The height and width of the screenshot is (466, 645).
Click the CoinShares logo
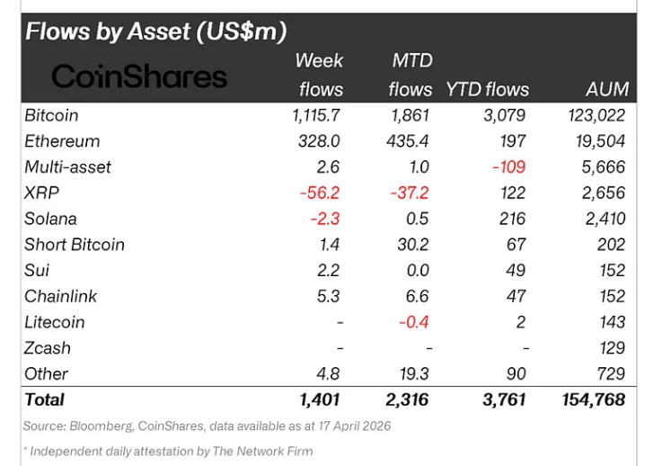pos(139,76)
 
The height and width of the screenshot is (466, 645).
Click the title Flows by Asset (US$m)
pos(155,31)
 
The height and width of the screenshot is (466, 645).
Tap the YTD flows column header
pos(488,89)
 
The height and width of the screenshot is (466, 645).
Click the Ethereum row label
pos(62,141)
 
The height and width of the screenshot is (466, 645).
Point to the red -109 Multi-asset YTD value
pos(509,167)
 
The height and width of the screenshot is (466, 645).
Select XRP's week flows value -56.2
pos(322,193)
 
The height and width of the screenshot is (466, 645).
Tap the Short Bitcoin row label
pos(75,245)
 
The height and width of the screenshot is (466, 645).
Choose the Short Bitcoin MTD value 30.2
pos(414,245)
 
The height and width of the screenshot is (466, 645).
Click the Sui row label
pos(37,270)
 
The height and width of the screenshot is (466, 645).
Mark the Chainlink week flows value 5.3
pos(330,296)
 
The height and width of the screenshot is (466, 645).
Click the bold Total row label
pos(45,399)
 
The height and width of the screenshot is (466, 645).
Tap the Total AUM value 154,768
pos(590,399)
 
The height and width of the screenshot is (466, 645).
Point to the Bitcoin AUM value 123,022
pos(596,115)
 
